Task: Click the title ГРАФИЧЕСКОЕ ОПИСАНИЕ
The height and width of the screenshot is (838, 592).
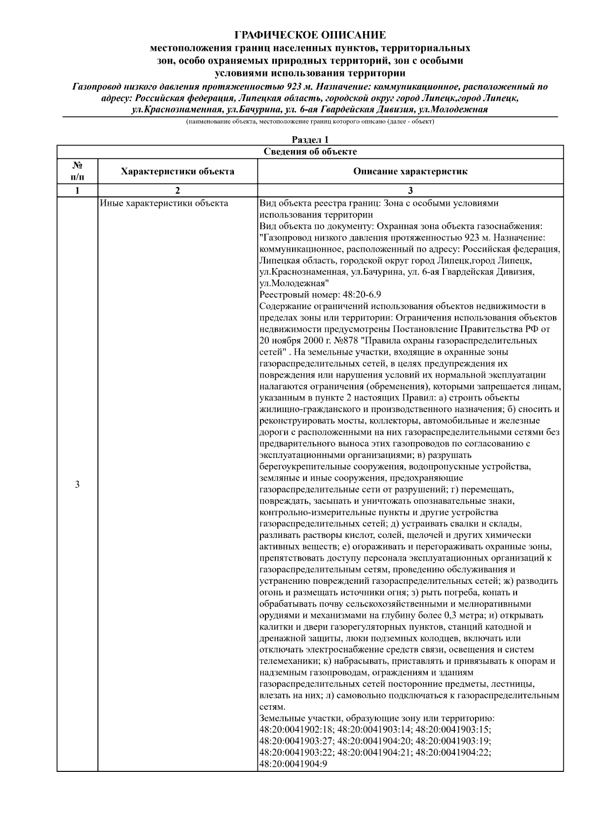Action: [310, 35]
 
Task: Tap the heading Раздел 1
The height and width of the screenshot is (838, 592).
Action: [310, 140]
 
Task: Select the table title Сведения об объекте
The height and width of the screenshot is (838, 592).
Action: [310, 152]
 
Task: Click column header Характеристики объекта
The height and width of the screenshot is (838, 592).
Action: [178, 172]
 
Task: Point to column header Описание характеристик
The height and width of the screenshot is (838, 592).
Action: [410, 172]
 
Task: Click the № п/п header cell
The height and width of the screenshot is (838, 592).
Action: [77, 172]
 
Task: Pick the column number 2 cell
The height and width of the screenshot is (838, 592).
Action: [178, 191]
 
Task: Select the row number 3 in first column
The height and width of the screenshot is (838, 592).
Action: [77, 484]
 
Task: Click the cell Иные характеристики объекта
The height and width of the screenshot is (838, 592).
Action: [164, 203]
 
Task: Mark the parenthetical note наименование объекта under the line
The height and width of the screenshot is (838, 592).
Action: [310, 121]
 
